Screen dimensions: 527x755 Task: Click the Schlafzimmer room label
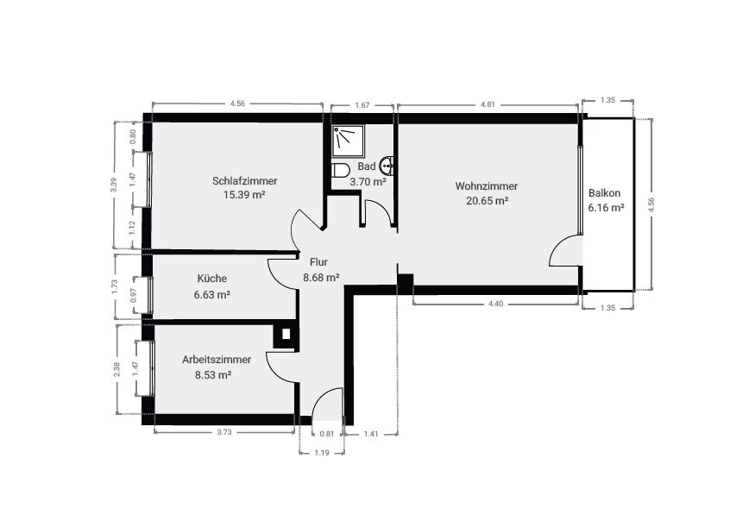244,181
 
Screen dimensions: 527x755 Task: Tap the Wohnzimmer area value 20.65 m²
487,200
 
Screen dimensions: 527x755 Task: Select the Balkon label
605,193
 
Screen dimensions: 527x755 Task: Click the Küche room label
211,279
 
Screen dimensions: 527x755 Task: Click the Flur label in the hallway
319,262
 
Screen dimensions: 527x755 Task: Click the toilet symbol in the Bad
340,170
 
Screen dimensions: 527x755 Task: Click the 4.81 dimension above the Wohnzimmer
488,104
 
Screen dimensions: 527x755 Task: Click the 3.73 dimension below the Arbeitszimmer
224,432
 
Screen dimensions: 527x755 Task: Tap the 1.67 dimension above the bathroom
362,104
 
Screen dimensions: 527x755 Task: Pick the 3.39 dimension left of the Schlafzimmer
115,186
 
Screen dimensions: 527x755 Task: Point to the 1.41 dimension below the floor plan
370,434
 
